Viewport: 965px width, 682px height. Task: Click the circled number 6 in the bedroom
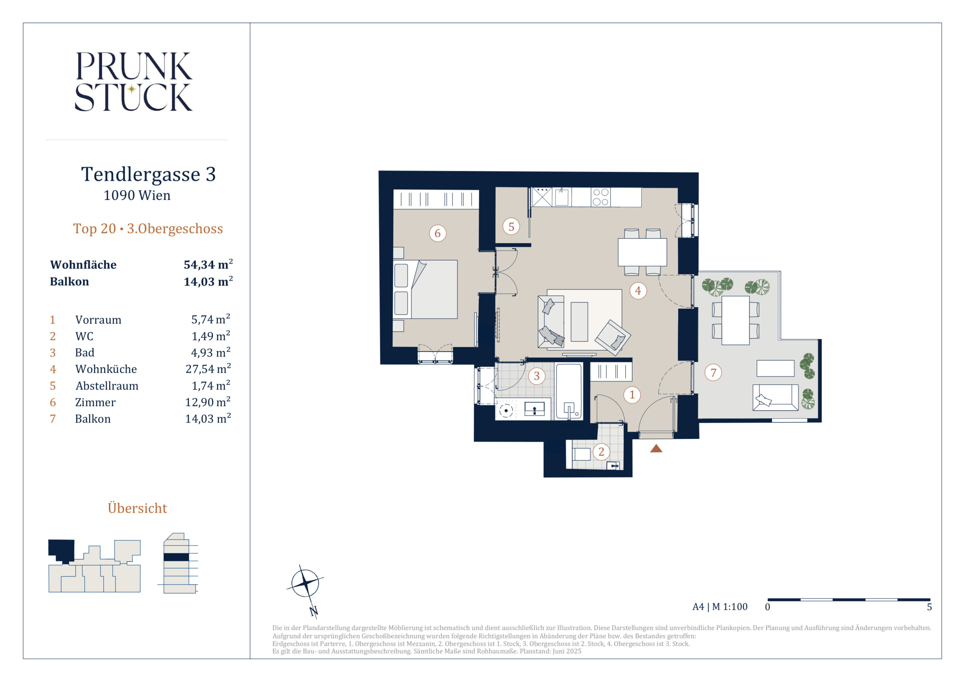(438, 233)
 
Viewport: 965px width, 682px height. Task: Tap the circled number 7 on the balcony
(713, 372)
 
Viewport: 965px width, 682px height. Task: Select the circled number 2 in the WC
(601, 452)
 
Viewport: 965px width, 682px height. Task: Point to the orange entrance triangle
(656, 449)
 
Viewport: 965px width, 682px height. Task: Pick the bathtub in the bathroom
(569, 392)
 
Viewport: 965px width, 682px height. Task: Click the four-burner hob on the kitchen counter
(601, 197)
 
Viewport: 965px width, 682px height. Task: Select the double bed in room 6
(425, 289)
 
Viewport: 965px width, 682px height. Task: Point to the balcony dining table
(735, 320)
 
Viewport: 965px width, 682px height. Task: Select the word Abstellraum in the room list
(107, 386)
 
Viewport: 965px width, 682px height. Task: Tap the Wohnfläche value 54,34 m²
(208, 264)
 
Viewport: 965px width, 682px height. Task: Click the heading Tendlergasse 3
(148, 174)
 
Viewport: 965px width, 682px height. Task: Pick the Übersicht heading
(137, 508)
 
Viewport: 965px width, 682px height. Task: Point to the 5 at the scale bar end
(929, 607)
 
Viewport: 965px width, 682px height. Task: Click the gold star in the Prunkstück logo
(132, 89)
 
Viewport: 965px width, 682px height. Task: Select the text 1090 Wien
(137, 195)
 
